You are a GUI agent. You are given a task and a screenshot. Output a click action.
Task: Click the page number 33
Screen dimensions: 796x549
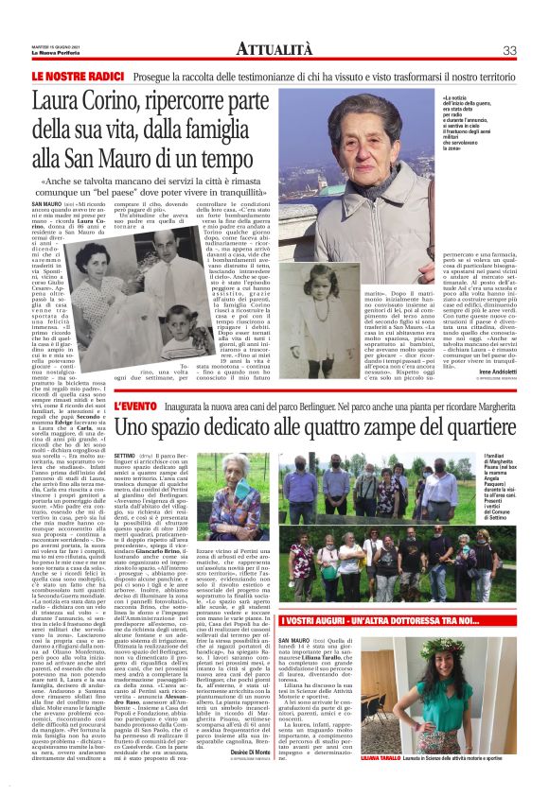pos(509,49)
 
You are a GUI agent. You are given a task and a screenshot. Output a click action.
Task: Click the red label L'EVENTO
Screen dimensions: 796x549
pos(136,407)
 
